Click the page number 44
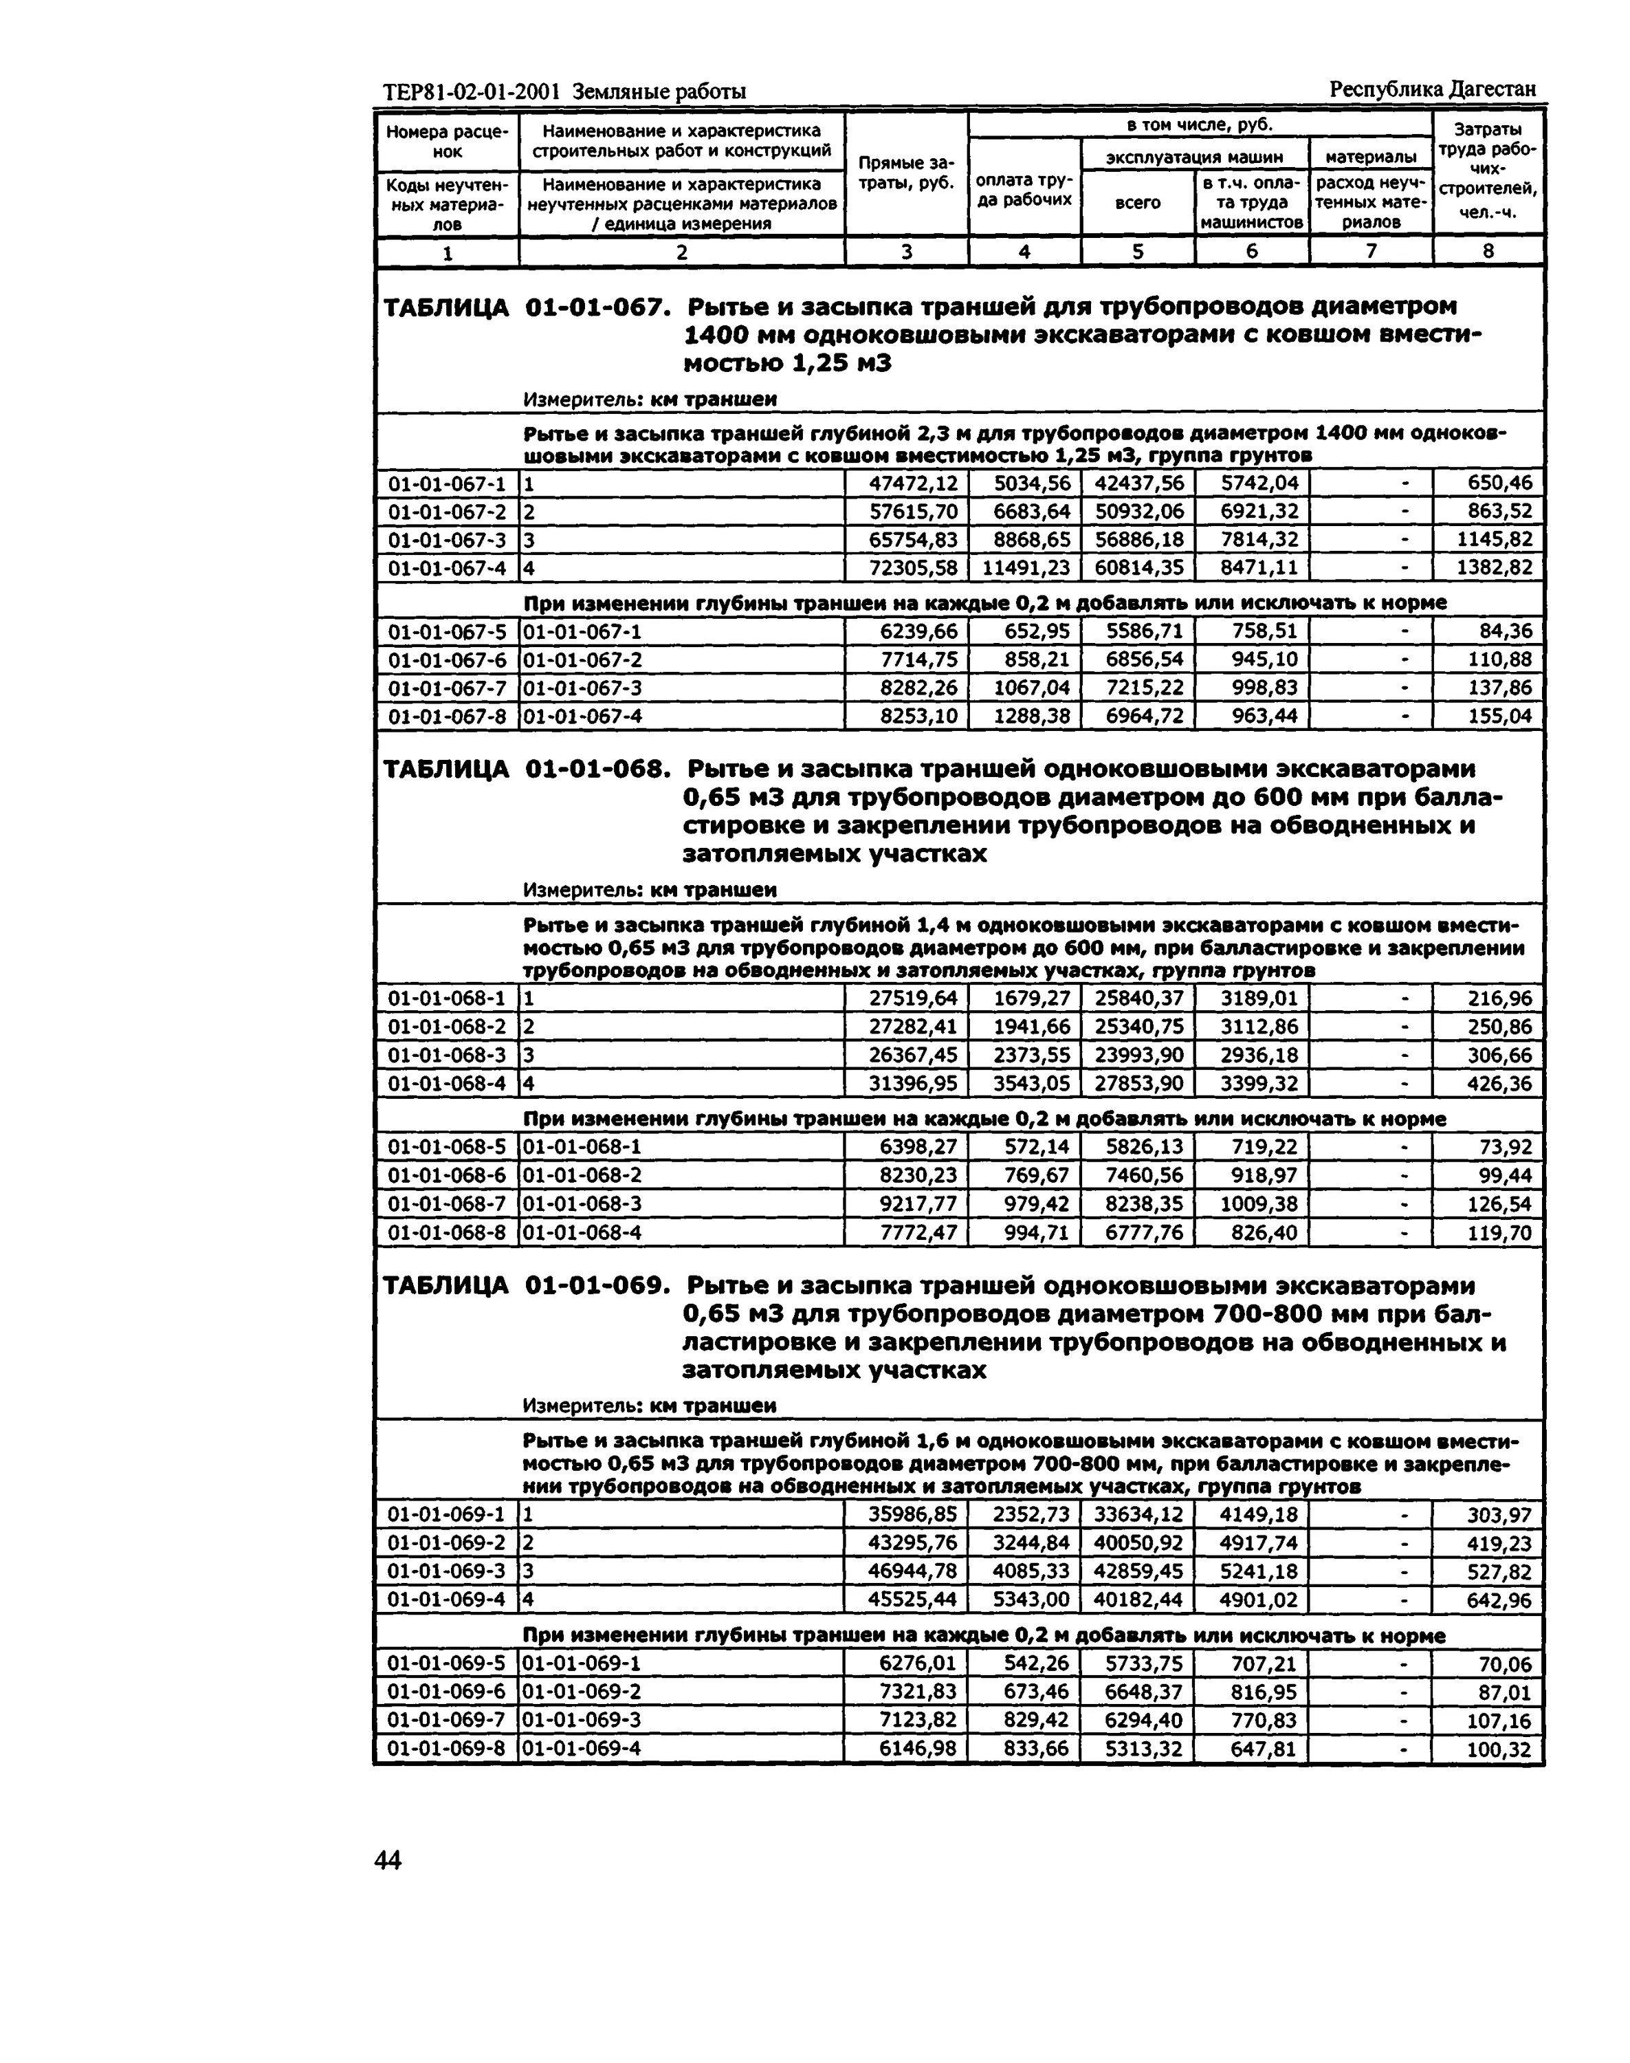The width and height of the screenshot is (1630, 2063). click(388, 1859)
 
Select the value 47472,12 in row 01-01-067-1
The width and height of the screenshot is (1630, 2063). click(912, 483)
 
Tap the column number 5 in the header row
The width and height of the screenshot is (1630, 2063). click(1138, 251)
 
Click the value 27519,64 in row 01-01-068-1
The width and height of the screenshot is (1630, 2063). click(912, 998)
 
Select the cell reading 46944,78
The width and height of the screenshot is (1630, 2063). click(912, 1571)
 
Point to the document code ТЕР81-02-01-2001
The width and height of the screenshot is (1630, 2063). click(474, 91)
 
